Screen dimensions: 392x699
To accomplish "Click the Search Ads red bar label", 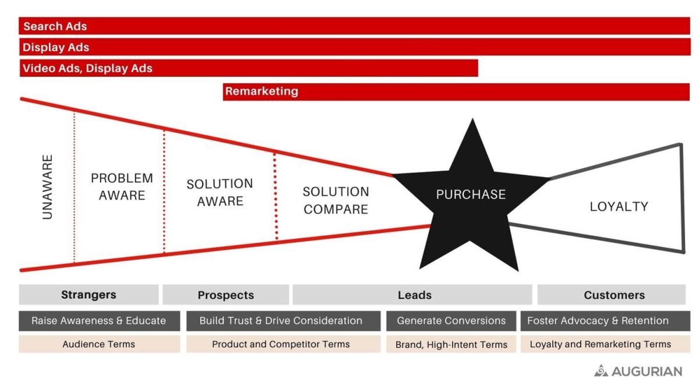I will pos(55,26).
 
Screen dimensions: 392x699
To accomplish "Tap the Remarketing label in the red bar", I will pos(262,91).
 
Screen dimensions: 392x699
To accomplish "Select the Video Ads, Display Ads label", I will pos(87,68).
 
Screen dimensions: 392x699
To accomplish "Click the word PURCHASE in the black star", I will pos(471,195).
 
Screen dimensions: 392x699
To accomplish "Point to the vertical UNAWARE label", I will pos(48,186).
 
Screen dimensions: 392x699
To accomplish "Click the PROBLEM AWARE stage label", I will pos(122,186).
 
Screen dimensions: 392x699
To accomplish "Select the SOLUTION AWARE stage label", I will pos(220,192).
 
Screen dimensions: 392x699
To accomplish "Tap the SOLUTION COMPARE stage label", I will pos(336,200).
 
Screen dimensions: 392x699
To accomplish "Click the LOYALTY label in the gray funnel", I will pos(619,206).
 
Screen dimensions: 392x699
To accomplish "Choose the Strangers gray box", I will pos(89,295).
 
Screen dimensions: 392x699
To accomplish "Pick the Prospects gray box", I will pos(225,295).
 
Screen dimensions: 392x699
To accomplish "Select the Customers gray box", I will pos(614,295).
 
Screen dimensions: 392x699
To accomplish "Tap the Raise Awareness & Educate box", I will pos(99,321).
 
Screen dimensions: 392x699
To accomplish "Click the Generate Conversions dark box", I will pos(451,321).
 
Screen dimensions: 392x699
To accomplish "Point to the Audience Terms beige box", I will pos(99,344).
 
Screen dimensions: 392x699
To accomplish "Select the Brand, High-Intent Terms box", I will pos(451,344).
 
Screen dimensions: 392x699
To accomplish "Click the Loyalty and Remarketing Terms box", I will pos(600,344).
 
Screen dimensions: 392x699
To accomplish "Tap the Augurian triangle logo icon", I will pos(601,370).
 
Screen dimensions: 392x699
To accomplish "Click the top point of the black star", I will pos(472,121).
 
